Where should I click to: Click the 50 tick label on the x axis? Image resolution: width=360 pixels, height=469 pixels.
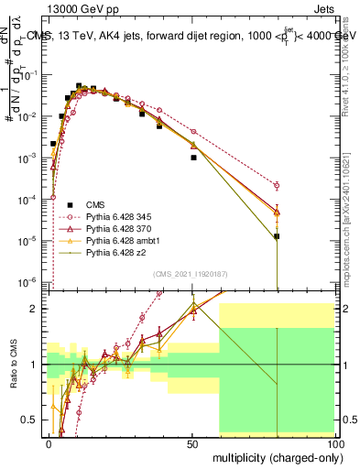pos(191,442)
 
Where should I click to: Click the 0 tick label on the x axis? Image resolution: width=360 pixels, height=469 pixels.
pos(48,442)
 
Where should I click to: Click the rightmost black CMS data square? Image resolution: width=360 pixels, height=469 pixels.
pos(277,236)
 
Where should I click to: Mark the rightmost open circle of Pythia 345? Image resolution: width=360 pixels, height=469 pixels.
pos(277,185)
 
